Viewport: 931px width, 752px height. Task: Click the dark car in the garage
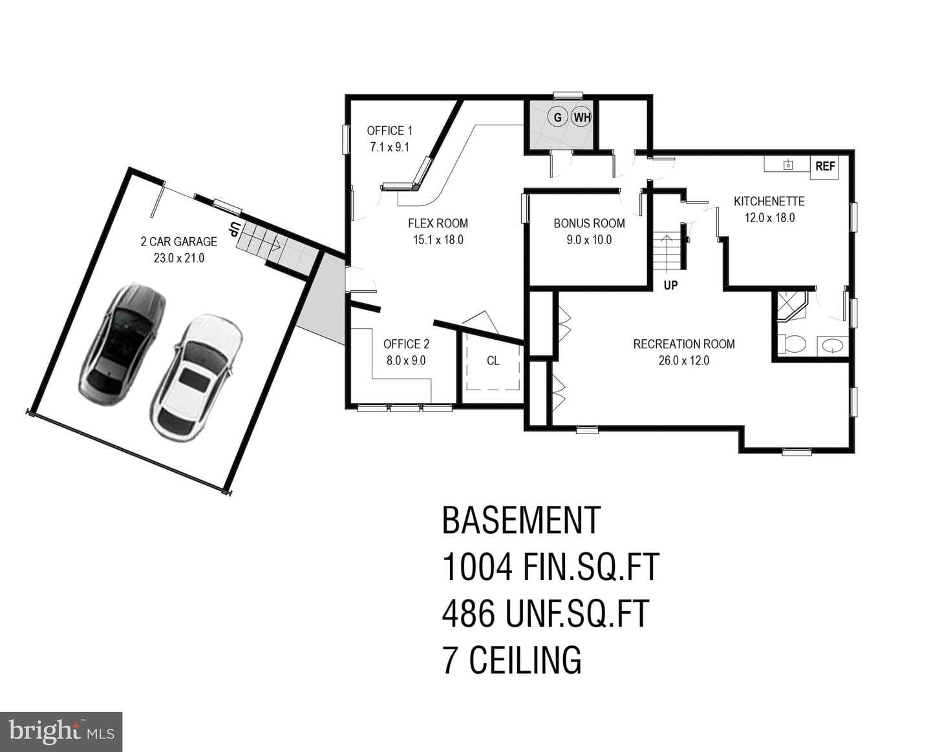click(122, 346)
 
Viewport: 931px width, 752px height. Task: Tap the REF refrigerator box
click(824, 167)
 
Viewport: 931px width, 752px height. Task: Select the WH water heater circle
click(581, 117)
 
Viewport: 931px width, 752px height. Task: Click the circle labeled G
click(557, 117)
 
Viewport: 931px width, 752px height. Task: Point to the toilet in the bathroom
click(792, 344)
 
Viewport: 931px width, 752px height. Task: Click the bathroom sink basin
click(832, 346)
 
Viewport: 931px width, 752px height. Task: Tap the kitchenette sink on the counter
click(787, 165)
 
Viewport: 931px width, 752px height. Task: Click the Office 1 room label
click(389, 131)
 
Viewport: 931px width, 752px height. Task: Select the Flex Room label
click(438, 223)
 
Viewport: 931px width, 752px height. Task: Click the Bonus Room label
click(589, 223)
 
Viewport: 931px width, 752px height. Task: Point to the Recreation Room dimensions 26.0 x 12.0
click(683, 360)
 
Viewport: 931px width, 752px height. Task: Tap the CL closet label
click(493, 360)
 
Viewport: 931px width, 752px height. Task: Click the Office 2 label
click(406, 344)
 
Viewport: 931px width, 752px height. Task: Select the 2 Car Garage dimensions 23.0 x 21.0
click(179, 258)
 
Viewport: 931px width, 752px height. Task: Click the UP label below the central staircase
click(670, 285)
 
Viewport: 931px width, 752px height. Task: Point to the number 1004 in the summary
click(477, 567)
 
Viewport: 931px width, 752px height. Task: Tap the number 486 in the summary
click(469, 613)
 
